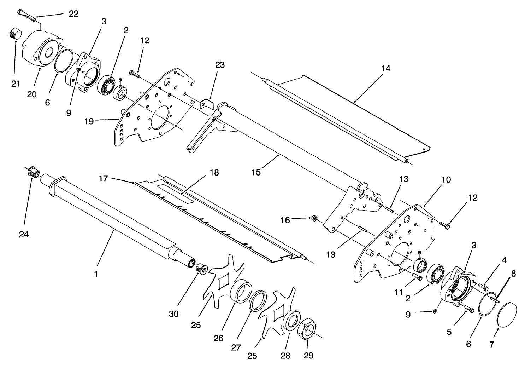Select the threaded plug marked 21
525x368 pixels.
15,35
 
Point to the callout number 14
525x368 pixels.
386,68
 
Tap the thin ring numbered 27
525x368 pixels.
258,300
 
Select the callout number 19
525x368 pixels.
89,121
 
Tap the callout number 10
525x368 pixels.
446,180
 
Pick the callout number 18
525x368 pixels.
214,173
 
